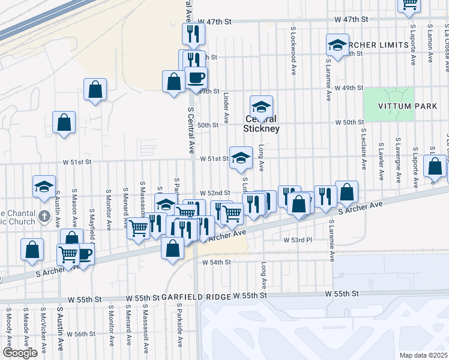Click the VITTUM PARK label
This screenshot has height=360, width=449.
[x=390, y=106]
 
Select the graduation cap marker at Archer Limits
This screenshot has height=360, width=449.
[x=337, y=45]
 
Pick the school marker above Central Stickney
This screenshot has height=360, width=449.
[x=261, y=107]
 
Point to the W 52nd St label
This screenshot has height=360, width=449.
[x=215, y=193]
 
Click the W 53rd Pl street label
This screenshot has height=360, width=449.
[x=298, y=239]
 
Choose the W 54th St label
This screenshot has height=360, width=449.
[x=217, y=262]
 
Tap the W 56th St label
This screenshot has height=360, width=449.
[x=81, y=334]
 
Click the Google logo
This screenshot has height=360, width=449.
[x=20, y=353]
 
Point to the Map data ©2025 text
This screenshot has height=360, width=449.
[x=423, y=355]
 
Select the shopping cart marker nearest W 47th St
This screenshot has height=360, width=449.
[x=409, y=4]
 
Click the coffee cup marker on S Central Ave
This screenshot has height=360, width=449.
[x=196, y=77]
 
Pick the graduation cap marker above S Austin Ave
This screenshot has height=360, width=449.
[x=44, y=187]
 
